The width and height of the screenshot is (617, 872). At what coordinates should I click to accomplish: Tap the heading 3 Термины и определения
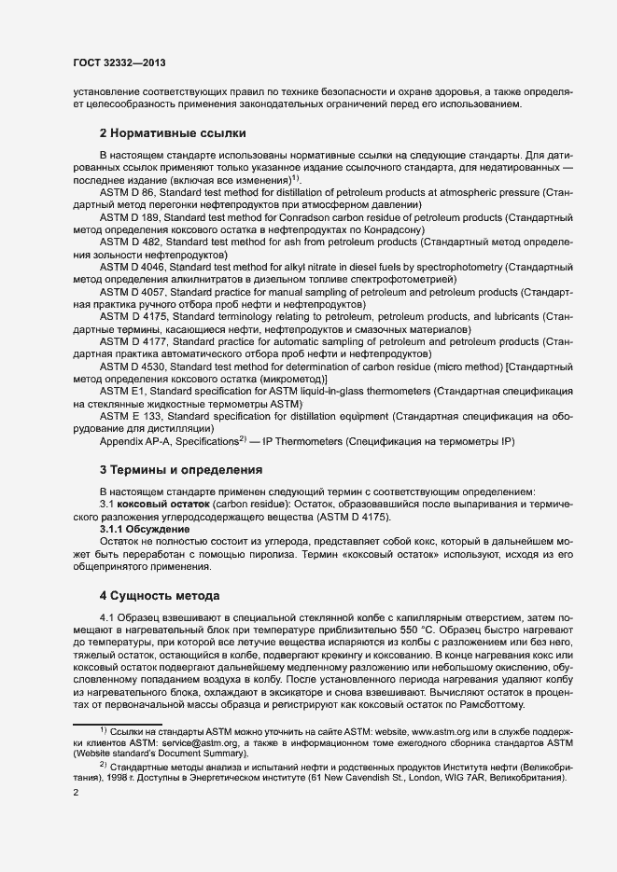pyautogui.click(x=180, y=469)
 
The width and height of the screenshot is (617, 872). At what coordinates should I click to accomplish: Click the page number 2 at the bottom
pyautogui.click(x=76, y=794)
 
